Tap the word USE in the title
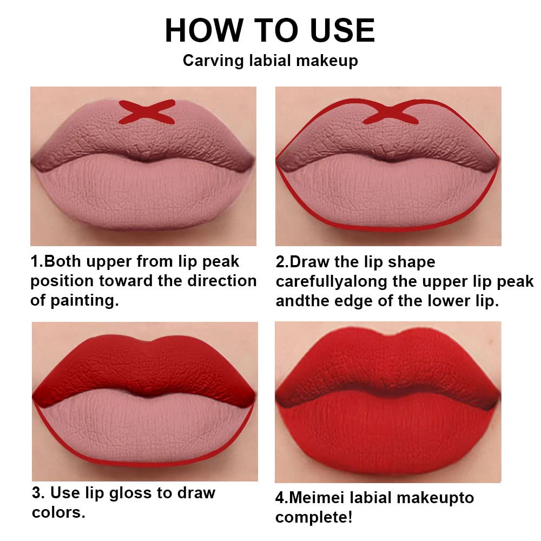[340, 30]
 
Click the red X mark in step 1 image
[147, 111]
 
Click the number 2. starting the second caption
[282, 262]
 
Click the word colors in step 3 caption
[57, 512]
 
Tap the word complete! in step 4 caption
[314, 517]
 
